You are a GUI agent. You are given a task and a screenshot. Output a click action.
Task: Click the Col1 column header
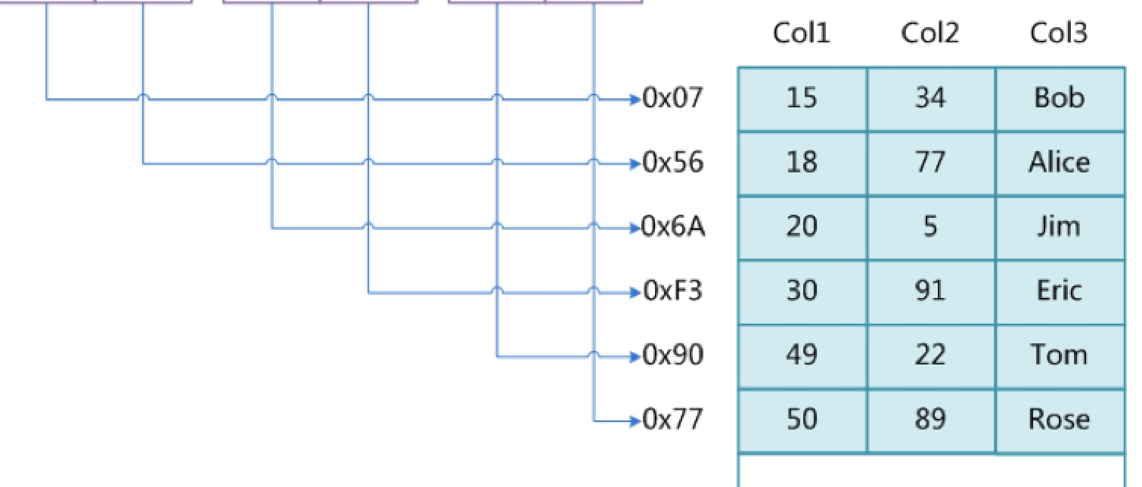pyautogui.click(x=802, y=34)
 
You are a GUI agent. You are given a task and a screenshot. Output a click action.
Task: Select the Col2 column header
pyautogui.click(x=930, y=34)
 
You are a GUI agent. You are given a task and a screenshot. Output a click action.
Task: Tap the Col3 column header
pyautogui.click(x=1059, y=34)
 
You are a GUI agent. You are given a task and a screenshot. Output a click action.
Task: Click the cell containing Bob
pyautogui.click(x=1059, y=98)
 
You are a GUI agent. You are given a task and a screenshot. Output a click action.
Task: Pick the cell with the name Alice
pyautogui.click(x=1059, y=163)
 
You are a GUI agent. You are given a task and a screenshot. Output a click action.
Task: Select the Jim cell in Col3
pyautogui.click(x=1059, y=227)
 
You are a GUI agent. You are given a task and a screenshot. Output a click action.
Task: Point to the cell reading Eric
pyautogui.click(x=1059, y=291)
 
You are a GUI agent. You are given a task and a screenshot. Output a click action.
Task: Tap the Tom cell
pyautogui.click(x=1059, y=355)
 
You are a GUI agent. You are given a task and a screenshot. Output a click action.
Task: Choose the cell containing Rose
pyautogui.click(x=1059, y=420)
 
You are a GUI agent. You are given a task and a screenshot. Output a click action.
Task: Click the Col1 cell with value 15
pyautogui.click(x=802, y=98)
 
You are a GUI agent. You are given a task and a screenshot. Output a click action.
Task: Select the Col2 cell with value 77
pyautogui.click(x=930, y=163)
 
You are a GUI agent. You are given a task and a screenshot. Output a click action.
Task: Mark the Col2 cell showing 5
pyautogui.click(x=930, y=227)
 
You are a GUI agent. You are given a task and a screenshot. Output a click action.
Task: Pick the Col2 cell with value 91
pyautogui.click(x=930, y=291)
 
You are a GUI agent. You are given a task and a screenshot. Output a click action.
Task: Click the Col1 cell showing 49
pyautogui.click(x=802, y=355)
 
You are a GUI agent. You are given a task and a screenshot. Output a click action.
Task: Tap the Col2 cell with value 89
pyautogui.click(x=930, y=420)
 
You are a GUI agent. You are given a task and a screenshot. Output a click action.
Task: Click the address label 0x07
pyautogui.click(x=672, y=98)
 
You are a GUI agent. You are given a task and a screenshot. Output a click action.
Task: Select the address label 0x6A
pyautogui.click(x=672, y=227)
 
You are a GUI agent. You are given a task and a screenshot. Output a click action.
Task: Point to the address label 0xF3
pyautogui.click(x=672, y=291)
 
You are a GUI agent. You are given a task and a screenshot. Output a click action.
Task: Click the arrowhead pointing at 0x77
pyautogui.click(x=635, y=420)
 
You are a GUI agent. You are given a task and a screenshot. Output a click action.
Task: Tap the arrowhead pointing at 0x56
pyautogui.click(x=635, y=163)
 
